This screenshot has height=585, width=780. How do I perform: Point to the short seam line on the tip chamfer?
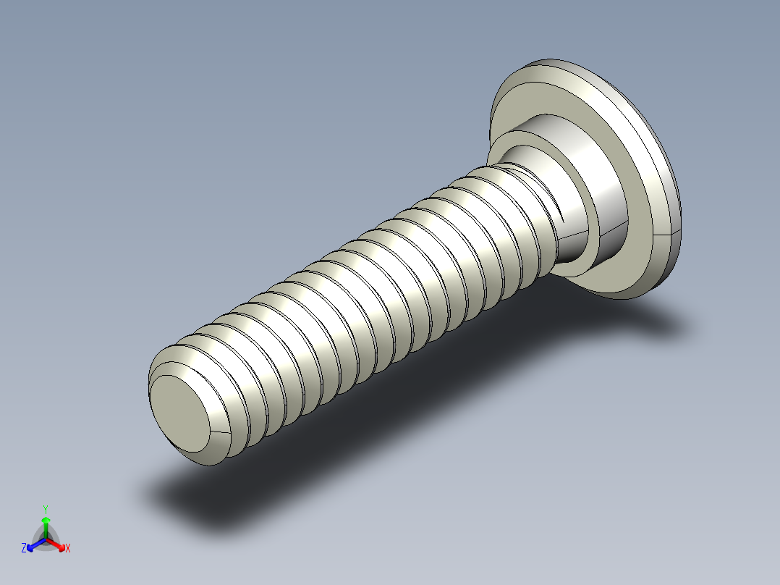[219, 432]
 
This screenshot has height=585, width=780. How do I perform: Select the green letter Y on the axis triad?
[46, 508]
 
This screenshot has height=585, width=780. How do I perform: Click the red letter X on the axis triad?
[68, 549]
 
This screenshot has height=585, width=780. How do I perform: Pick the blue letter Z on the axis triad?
[24, 549]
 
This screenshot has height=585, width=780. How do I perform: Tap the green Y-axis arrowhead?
[46, 521]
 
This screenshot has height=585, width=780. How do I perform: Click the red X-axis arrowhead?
[61, 545]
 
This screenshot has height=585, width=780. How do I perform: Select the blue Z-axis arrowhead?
[31, 545]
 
